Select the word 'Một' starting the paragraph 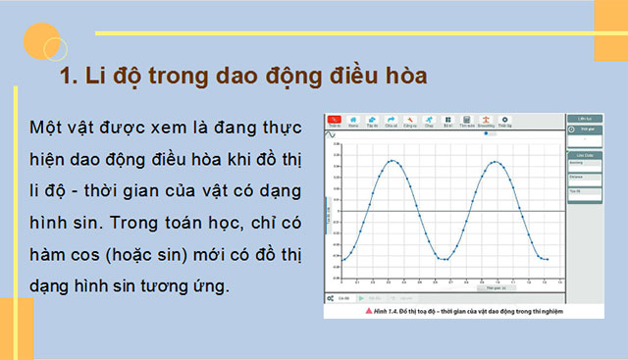[x=46, y=129]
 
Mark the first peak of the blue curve [x=393, y=161]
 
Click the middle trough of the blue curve [x=445, y=259]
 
